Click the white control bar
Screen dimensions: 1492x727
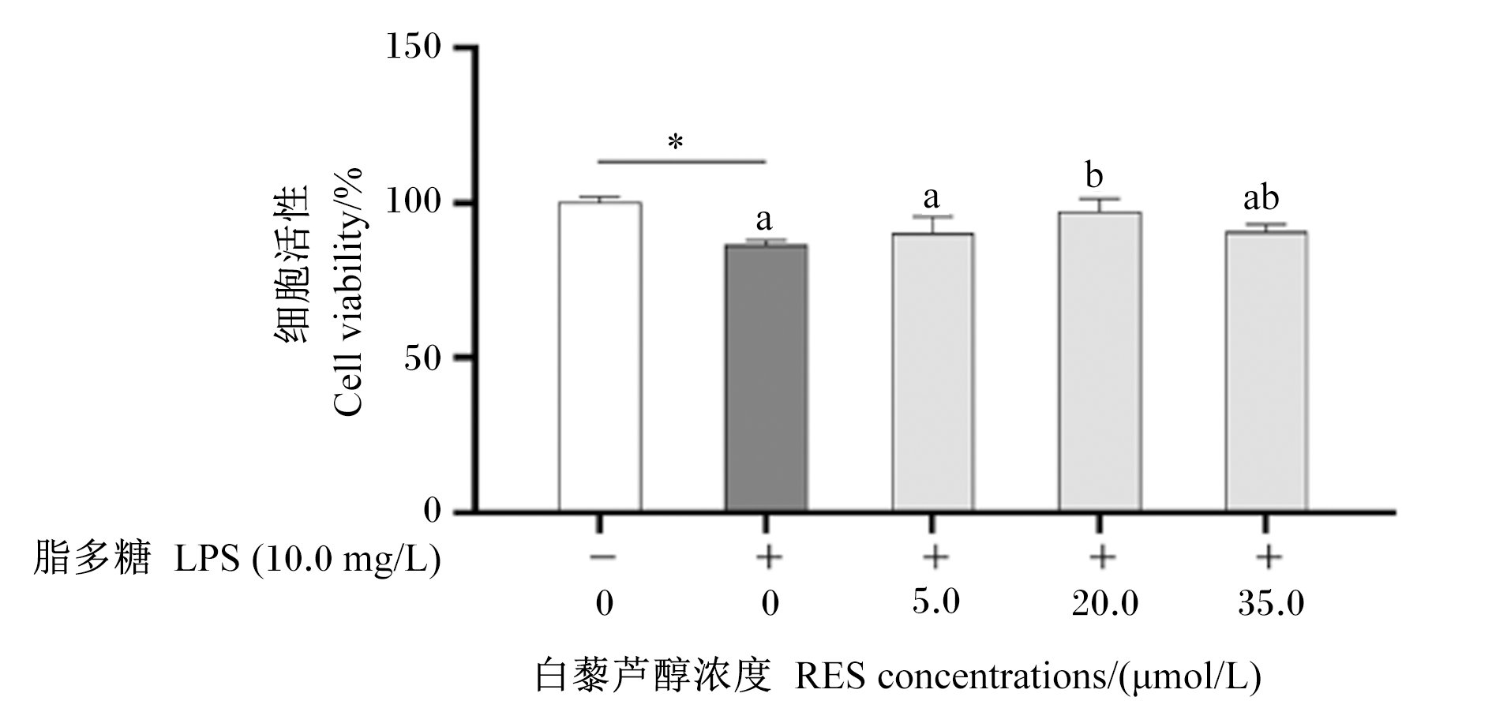[x=600, y=357]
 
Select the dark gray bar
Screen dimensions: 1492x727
[x=766, y=378]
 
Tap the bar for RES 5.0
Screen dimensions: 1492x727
[x=932, y=373]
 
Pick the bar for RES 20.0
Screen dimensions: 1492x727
[x=1100, y=362]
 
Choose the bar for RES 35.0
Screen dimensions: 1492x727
[x=1266, y=372]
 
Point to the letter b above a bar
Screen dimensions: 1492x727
[x=1094, y=175]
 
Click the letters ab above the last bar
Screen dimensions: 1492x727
[x=1261, y=198]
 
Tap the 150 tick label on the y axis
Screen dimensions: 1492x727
[x=413, y=47]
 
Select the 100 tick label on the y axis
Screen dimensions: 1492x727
[x=413, y=202]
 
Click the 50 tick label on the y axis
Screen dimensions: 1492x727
[x=422, y=358]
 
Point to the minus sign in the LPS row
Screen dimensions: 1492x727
[x=602, y=557]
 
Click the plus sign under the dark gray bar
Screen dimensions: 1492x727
[x=768, y=557]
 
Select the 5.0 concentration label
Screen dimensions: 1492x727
[x=935, y=601]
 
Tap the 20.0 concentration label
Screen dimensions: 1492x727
[x=1104, y=604]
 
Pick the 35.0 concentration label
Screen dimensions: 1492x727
[x=1271, y=604]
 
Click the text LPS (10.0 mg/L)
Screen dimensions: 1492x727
[x=307, y=560]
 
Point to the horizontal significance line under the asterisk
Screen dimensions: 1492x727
[x=682, y=161]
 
